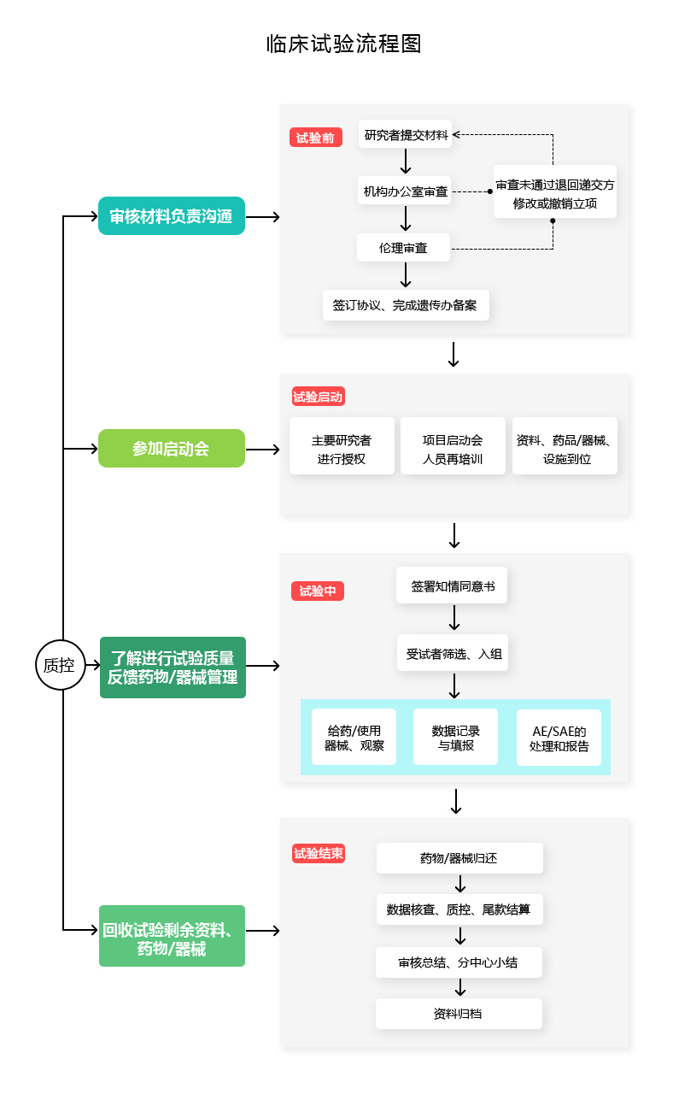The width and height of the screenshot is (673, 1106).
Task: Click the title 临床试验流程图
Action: pos(344,44)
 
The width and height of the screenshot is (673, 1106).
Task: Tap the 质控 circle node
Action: pos(60,664)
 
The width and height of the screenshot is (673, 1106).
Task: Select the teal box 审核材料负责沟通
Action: pos(172,216)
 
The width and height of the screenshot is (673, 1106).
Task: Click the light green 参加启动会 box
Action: pos(172,449)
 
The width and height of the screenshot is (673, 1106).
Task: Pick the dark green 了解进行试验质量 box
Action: pos(173,668)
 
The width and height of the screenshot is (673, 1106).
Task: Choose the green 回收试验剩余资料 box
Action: pos(172,936)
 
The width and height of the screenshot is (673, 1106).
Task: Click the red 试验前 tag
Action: pos(316,138)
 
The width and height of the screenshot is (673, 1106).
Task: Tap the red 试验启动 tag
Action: pos(318,397)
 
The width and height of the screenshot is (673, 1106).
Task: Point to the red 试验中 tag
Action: pos(317,591)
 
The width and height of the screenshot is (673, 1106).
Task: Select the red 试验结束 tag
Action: pos(319,853)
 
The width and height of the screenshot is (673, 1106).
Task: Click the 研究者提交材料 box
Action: pos(406,134)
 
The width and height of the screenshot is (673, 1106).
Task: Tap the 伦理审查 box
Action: pos(403,248)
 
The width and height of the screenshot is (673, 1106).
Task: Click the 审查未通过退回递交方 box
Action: pos(554,192)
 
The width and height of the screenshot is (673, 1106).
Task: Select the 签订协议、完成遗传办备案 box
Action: pos(406,305)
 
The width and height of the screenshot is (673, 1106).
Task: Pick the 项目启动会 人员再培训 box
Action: pos(452,446)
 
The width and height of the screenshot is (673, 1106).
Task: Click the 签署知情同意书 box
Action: pos(452,586)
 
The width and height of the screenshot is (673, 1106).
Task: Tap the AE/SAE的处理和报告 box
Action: pos(559,738)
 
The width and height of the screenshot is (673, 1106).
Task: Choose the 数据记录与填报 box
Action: pos(455,737)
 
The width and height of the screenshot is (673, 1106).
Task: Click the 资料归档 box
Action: pos(459,1014)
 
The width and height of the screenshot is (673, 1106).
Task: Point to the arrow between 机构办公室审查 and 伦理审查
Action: pos(406,219)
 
